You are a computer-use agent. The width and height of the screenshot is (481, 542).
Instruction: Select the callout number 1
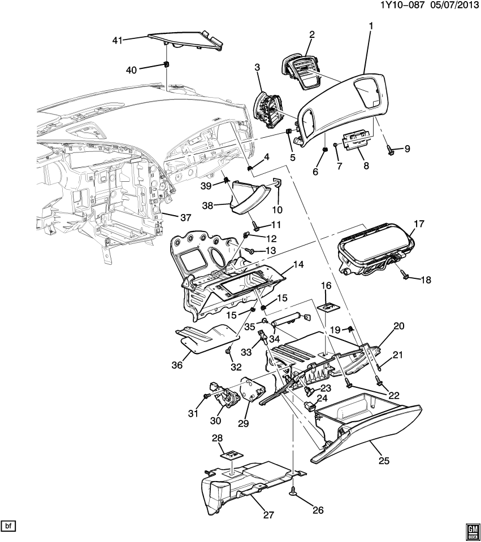[x=371, y=26]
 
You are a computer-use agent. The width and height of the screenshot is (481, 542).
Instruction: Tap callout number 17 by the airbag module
[x=419, y=224]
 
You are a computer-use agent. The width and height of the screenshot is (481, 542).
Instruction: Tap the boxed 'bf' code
[x=8, y=526]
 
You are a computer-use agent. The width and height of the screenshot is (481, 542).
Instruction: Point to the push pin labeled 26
[x=294, y=492]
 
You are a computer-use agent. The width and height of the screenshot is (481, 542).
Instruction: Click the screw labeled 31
[x=207, y=397]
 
